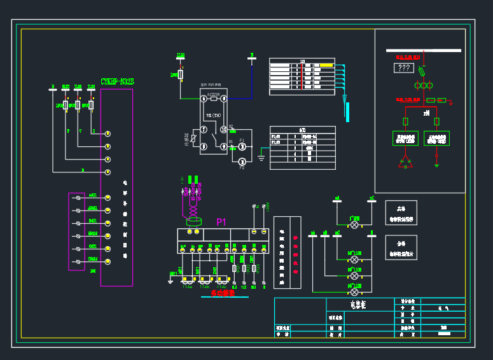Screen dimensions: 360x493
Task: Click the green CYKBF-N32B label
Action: (117, 81)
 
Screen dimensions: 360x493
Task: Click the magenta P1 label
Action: (221, 222)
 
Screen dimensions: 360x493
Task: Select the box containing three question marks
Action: (403, 68)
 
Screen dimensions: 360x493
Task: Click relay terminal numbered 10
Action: (223, 129)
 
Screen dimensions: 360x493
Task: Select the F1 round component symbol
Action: (242, 147)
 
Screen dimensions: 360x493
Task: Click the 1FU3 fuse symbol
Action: (91, 105)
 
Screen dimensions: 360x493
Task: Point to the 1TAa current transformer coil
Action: (188, 279)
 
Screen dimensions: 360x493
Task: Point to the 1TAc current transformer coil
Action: (223, 279)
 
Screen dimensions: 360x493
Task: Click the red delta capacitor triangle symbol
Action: (405, 163)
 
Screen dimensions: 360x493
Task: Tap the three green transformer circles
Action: (420, 85)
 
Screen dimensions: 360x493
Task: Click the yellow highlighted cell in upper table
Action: (326, 65)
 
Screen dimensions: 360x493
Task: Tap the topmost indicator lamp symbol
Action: (355, 226)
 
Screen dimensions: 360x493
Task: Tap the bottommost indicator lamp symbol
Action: (355, 292)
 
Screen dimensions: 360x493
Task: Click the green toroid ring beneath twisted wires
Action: (193, 222)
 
